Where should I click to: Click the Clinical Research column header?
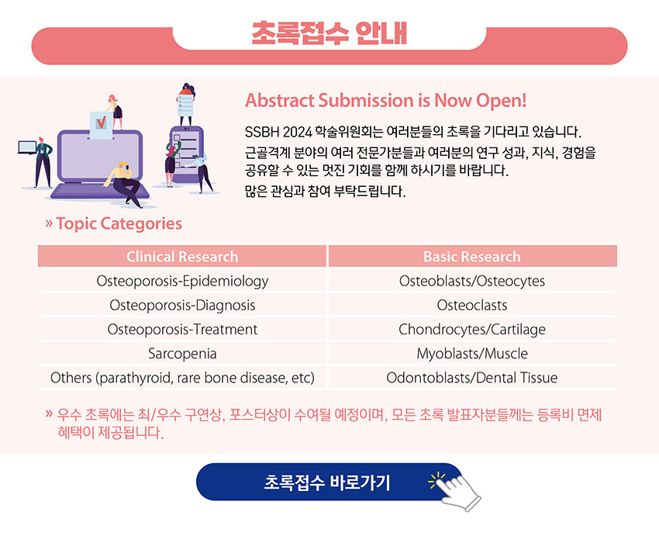coord(182,257)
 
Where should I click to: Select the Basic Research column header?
coord(472,257)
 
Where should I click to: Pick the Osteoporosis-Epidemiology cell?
coord(182,281)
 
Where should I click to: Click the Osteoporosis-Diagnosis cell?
coord(182,305)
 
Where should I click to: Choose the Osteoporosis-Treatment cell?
coord(182,330)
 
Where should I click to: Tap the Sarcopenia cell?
coord(182,354)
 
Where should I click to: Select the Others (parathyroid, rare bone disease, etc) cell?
coord(182,378)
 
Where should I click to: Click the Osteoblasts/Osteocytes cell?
coord(472,281)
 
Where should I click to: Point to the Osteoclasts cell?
coord(472,305)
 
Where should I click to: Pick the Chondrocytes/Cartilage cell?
coord(472,330)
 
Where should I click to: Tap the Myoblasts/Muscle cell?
coord(472,354)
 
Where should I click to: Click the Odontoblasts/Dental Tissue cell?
coord(472,378)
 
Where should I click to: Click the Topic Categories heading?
coord(119,223)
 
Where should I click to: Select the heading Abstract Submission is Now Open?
coord(386,101)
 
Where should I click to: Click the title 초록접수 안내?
coord(329,33)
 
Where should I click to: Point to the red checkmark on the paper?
coord(102,123)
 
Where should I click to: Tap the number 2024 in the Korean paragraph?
coord(297,132)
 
